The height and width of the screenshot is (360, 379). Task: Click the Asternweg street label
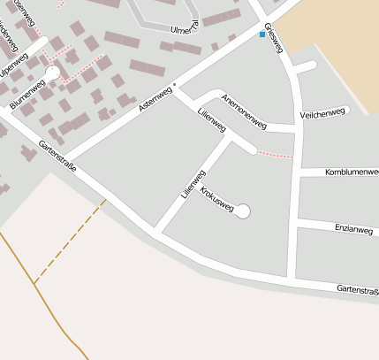pyautogui.click(x=156, y=98)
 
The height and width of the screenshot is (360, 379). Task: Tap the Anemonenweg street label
pyautogui.click(x=243, y=107)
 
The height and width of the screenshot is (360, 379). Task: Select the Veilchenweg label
pyautogui.click(x=323, y=114)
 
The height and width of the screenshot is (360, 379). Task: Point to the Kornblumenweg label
pyautogui.click(x=351, y=171)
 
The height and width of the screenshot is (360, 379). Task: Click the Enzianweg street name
pyautogui.click(x=353, y=229)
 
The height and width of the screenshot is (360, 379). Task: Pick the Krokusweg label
pyautogui.click(x=216, y=200)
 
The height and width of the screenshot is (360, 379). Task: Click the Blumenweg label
pyautogui.click(x=27, y=95)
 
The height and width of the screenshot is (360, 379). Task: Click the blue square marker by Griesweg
pyautogui.click(x=262, y=35)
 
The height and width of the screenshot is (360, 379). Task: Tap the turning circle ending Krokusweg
pyautogui.click(x=243, y=211)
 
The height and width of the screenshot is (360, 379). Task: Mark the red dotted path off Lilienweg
pyautogui.click(x=274, y=155)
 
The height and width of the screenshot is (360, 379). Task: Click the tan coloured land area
pyautogui.click(x=336, y=35)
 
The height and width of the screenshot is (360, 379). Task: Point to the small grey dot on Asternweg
pyautogui.click(x=175, y=85)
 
